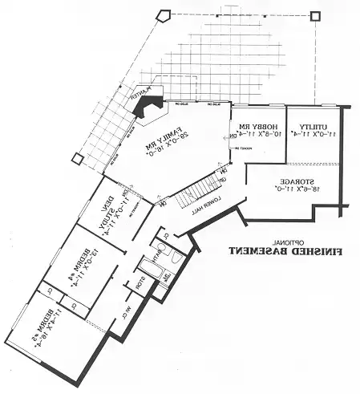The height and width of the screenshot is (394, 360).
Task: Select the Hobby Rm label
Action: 255,127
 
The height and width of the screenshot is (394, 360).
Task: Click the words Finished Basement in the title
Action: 284,250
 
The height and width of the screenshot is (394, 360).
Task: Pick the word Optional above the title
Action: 285,240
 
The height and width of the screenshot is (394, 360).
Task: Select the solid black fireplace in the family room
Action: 148,105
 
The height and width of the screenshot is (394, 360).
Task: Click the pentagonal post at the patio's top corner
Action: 164,14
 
